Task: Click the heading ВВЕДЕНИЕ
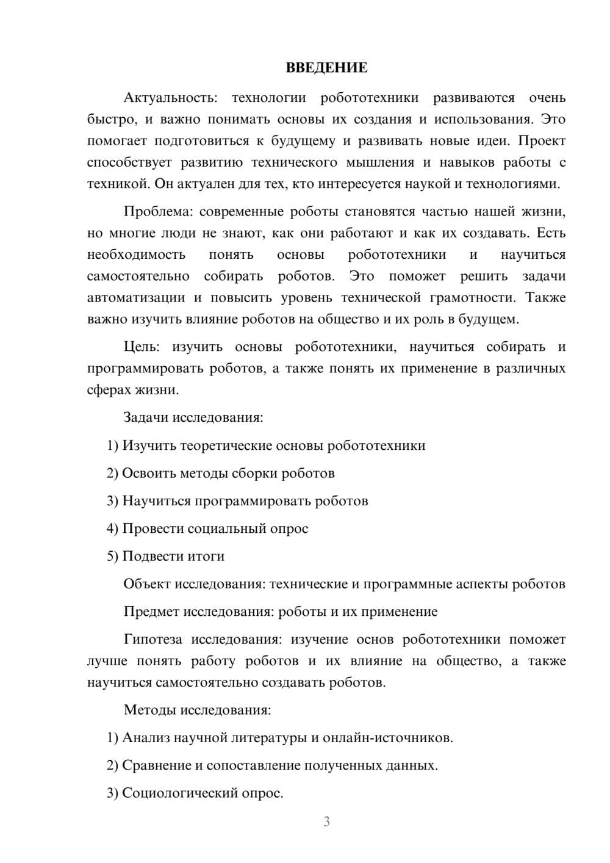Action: [326, 68]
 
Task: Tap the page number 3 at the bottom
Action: [326, 821]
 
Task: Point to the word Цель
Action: [141, 347]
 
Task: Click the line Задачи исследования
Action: [193, 417]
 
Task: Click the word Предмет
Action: [151, 612]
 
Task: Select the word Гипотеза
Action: [152, 639]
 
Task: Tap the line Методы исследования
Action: [197, 710]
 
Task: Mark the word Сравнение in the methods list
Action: [156, 765]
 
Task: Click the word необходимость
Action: [136, 255]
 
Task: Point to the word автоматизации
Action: [136, 298]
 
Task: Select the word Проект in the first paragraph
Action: [542, 141]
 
